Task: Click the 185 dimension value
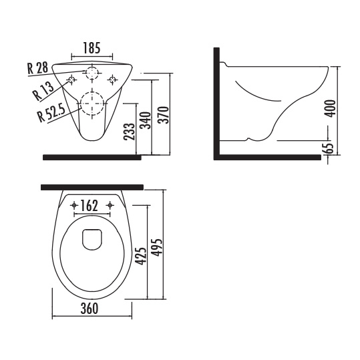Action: pyautogui.click(x=92, y=48)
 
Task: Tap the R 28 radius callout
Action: pyautogui.click(x=38, y=68)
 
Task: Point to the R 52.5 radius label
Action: pyautogui.click(x=51, y=113)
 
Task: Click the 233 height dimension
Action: pyautogui.click(x=129, y=132)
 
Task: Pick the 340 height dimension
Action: pyautogui.click(x=146, y=120)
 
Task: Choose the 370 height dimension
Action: pyautogui.click(x=164, y=115)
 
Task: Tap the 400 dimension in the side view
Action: pyautogui.click(x=331, y=109)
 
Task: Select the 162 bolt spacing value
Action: pyautogui.click(x=89, y=206)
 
